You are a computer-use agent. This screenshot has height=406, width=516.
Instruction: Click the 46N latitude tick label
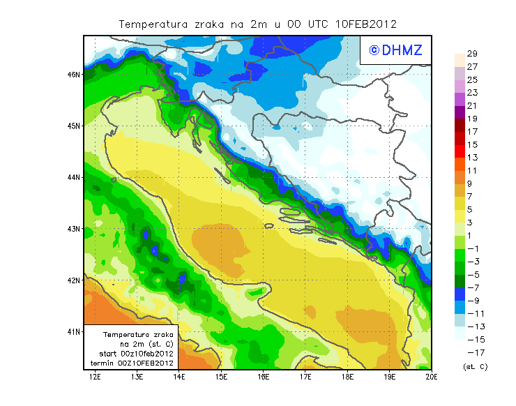point(74,74)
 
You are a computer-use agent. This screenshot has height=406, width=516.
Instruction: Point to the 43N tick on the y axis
point(74,229)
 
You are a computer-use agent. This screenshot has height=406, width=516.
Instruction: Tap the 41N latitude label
point(74,331)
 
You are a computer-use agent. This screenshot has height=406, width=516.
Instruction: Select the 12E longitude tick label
point(95,377)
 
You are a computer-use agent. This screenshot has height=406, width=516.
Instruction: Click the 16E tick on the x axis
point(264,377)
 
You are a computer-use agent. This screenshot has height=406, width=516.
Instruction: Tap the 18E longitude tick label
point(347,377)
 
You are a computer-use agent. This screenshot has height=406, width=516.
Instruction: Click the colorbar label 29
point(471,54)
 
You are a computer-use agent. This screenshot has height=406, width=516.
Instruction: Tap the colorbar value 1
point(471,235)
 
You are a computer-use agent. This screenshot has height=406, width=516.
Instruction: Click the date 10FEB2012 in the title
point(366,24)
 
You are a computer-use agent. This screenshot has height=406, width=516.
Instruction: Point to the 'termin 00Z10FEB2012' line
point(132,363)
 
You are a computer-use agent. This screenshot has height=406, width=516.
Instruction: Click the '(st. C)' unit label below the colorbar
point(475,366)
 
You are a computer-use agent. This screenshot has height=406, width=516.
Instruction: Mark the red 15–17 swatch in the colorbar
point(460,137)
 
